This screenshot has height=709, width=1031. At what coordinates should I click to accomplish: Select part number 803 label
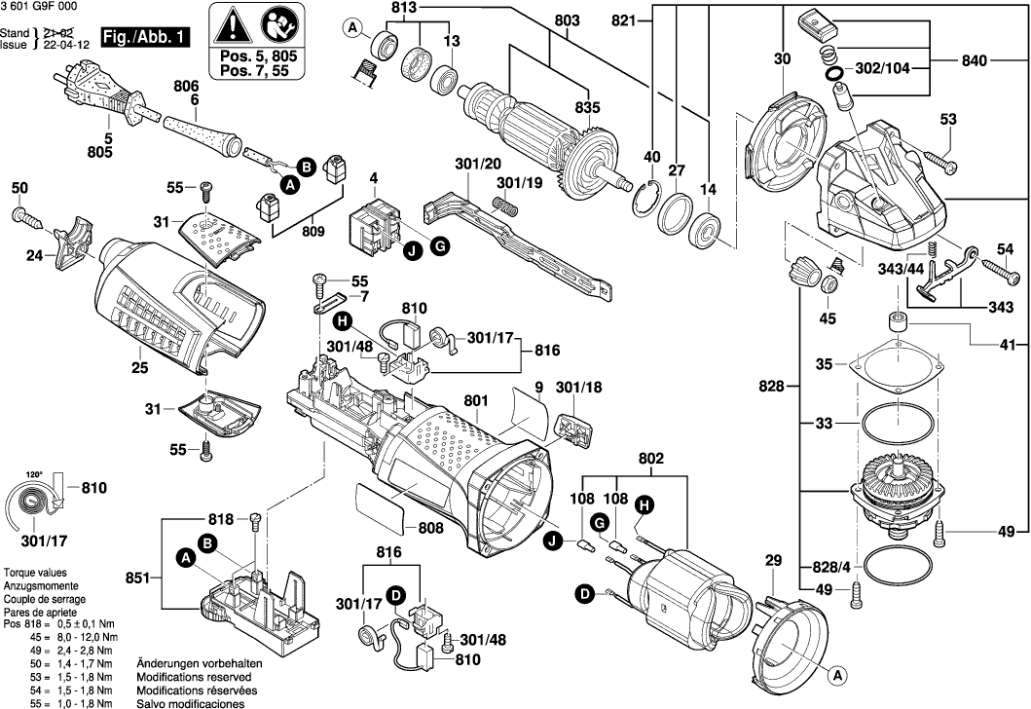(567, 21)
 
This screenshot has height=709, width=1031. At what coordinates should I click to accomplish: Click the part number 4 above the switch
(373, 179)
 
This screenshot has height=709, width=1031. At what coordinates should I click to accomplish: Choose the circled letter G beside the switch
(439, 248)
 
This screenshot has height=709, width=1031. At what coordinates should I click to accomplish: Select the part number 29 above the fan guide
(773, 561)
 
